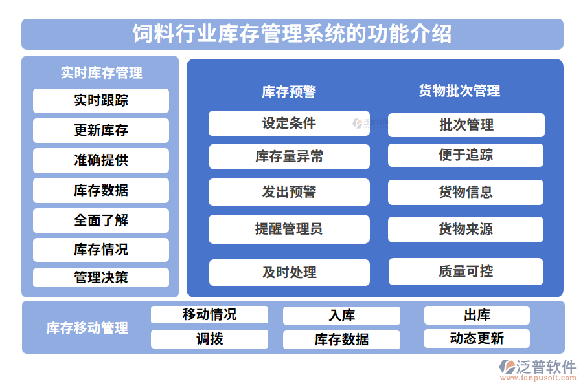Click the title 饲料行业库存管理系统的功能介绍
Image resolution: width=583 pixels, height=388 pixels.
tap(292, 34)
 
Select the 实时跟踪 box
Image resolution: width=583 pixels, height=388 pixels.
tap(100, 100)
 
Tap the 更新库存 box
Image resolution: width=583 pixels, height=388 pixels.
tap(100, 131)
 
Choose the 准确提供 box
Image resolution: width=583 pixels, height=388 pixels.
tap(100, 160)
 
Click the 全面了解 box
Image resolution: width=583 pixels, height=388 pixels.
tap(100, 221)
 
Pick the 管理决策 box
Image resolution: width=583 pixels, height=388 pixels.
tap(100, 277)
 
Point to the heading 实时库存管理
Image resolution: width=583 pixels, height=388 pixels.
tap(101, 72)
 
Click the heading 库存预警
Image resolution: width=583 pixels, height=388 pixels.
tap(289, 92)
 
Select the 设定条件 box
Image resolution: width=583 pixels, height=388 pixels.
tap(289, 123)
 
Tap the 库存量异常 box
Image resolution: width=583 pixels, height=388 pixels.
tap(289, 156)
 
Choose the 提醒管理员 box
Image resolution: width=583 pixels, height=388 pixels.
tap(289, 229)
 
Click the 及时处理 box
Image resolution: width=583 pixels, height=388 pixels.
tap(289, 272)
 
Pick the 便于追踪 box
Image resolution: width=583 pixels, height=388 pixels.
tap(466, 155)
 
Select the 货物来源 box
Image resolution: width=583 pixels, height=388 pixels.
tap(466, 230)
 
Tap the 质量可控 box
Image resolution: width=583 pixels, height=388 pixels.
tap(466, 272)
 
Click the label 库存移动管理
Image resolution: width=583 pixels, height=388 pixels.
tap(87, 328)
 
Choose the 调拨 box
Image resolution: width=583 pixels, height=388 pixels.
tap(209, 339)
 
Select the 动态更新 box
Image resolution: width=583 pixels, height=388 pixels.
tap(477, 338)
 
